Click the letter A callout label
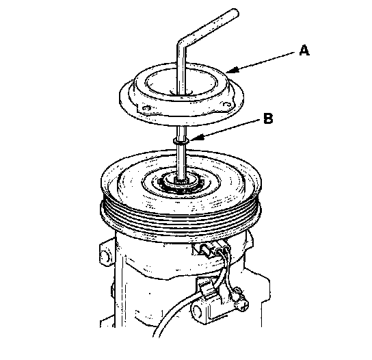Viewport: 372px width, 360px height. pyautogui.click(x=304, y=51)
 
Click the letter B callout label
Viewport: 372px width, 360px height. pyautogui.click(x=268, y=118)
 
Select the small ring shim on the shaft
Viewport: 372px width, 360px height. pyautogui.click(x=181, y=141)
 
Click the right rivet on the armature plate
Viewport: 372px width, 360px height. pyautogui.click(x=227, y=105)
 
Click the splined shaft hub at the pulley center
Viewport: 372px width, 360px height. pyautogui.click(x=181, y=182)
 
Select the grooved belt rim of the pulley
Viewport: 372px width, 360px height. pyautogui.click(x=181, y=218)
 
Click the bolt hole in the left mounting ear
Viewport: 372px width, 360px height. pyautogui.click(x=104, y=255)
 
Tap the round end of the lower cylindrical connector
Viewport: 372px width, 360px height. pyautogui.click(x=196, y=310)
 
